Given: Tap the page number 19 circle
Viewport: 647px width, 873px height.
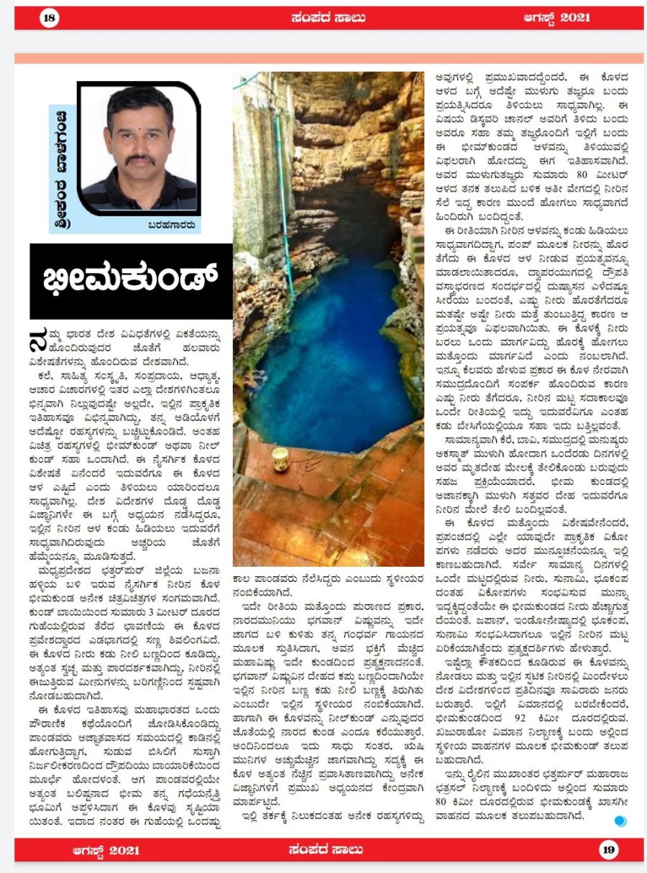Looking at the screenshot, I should click(x=608, y=849).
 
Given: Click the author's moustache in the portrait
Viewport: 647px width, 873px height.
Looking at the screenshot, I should click(x=139, y=158).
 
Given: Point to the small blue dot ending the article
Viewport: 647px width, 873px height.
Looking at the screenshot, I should click(x=620, y=821).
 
